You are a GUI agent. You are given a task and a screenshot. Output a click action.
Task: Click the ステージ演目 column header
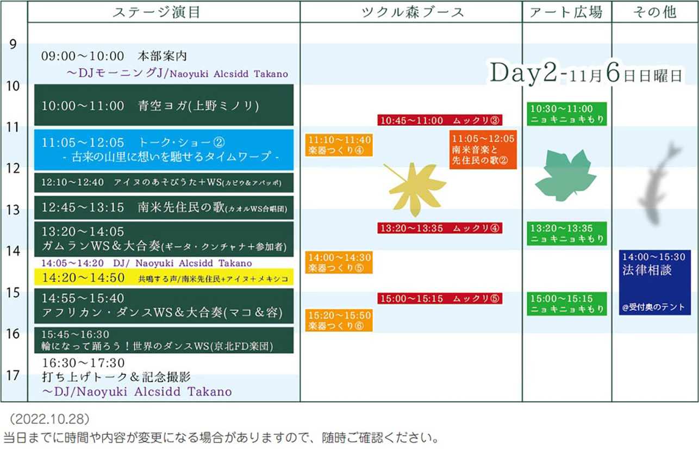tap(156, 13)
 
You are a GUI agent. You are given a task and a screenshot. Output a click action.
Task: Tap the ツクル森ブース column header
tap(413, 13)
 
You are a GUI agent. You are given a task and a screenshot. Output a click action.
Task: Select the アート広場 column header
tap(566, 13)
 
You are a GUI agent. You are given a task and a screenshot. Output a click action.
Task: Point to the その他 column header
tap(654, 13)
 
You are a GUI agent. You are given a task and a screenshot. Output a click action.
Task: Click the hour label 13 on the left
tap(13, 210)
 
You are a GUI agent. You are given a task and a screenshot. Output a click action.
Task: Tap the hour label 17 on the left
tap(13, 376)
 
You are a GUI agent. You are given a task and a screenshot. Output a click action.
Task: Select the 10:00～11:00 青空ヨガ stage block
tap(164, 105)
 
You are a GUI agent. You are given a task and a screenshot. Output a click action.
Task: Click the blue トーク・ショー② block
tap(164, 150)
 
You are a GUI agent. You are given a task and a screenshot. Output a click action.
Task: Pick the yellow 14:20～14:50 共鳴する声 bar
tap(164, 277)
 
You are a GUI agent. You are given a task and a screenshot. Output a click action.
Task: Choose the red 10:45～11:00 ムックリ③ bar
tap(440, 120)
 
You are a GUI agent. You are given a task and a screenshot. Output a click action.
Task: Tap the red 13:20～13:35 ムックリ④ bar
tap(440, 228)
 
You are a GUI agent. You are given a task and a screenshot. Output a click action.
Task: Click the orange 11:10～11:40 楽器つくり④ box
tap(339, 145)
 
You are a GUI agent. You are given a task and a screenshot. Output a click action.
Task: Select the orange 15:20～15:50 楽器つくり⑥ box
tap(339, 320)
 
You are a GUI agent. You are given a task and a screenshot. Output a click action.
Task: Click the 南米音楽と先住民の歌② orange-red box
tap(483, 150)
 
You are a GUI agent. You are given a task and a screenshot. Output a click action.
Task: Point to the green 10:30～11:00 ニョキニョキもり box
tap(567, 114)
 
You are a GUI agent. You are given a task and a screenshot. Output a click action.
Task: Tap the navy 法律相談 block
tap(654, 282)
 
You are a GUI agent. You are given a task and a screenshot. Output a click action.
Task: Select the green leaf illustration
tap(565, 175)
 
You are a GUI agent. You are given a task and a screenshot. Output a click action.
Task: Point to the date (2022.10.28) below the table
tap(50, 419)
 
